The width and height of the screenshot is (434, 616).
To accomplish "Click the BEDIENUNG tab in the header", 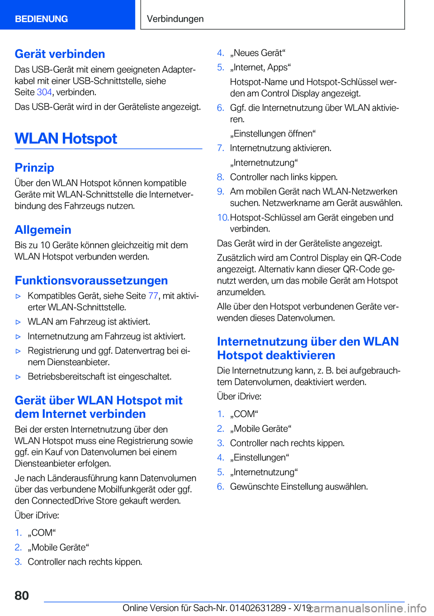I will click(x=41, y=19).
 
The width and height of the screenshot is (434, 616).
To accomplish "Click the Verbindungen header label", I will click(x=175, y=19).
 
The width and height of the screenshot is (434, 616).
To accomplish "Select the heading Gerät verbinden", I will click(x=60, y=54).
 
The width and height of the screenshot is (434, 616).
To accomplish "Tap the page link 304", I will click(x=44, y=92).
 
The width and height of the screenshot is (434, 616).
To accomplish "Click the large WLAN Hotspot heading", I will click(x=66, y=138).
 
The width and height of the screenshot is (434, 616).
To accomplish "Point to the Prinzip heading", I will click(x=34, y=168).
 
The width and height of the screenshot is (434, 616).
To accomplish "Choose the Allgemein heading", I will click(x=43, y=230).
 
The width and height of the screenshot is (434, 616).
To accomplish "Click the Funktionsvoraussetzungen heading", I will click(x=91, y=280).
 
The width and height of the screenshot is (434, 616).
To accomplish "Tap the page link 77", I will click(x=153, y=296).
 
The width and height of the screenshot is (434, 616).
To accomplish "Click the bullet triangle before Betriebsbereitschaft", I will click(x=19, y=377).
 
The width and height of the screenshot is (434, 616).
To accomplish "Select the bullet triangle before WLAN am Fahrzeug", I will click(x=19, y=322).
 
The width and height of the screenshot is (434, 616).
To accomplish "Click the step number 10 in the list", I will click(x=222, y=218).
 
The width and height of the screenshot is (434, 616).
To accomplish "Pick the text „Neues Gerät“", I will click(x=258, y=53).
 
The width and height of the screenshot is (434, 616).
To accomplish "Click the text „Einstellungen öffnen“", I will click(x=273, y=134).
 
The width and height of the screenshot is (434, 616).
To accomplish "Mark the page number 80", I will click(x=22, y=595).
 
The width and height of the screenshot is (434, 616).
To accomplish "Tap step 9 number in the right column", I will click(x=221, y=192).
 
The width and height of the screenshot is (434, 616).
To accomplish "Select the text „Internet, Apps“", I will click(x=260, y=67).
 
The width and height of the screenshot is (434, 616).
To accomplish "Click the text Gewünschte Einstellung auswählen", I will click(x=299, y=487).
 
